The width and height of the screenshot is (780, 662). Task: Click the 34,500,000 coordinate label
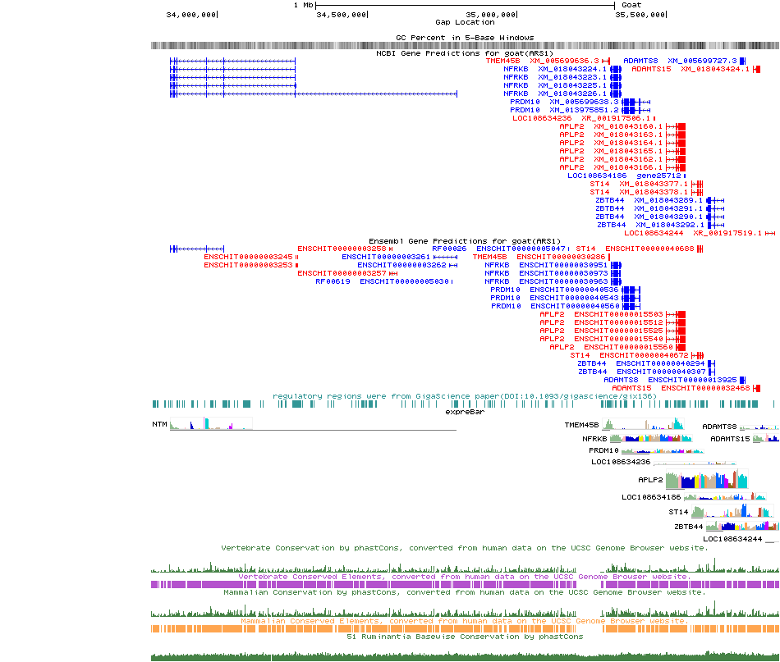coord(342,14)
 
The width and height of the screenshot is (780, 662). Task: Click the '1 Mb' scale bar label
coord(304,5)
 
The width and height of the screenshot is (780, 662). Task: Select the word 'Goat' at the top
coord(631,5)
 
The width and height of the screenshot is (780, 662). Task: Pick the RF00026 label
coord(449,249)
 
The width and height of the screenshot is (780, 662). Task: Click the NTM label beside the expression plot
coord(159,424)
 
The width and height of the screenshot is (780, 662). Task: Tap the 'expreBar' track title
coord(465,413)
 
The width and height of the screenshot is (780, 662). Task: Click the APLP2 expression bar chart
coord(706,480)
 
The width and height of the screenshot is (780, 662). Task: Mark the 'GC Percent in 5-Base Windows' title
coord(465,38)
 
